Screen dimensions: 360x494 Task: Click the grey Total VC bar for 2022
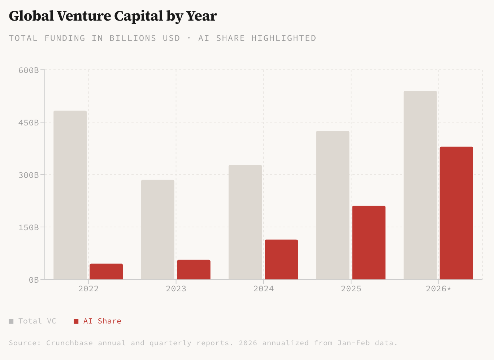coord(70,195)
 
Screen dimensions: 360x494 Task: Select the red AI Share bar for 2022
coord(106,272)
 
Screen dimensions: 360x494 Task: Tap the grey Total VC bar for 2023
coord(157,230)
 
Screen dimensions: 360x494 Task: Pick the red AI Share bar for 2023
coord(194,270)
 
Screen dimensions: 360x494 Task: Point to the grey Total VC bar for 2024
coord(245,222)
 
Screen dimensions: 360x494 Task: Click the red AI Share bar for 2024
coord(281,260)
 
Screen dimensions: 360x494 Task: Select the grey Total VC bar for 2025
coord(333,205)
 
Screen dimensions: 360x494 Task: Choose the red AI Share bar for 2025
coord(369,243)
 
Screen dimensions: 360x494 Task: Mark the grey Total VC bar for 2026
coord(420,185)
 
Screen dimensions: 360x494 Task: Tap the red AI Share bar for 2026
coord(456,213)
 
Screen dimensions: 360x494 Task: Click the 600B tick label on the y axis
coord(29,70)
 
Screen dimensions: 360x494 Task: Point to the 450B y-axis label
coord(29,123)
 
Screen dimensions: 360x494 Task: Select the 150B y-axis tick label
coord(29,227)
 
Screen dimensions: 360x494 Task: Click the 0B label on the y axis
coord(34,280)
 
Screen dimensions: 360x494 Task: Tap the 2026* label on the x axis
coord(438,289)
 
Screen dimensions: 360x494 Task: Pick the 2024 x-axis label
coord(264,289)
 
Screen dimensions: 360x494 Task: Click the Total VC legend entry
coord(33,321)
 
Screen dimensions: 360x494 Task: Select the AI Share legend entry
coord(98,321)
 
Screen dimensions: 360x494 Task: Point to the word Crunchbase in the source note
coord(69,343)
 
